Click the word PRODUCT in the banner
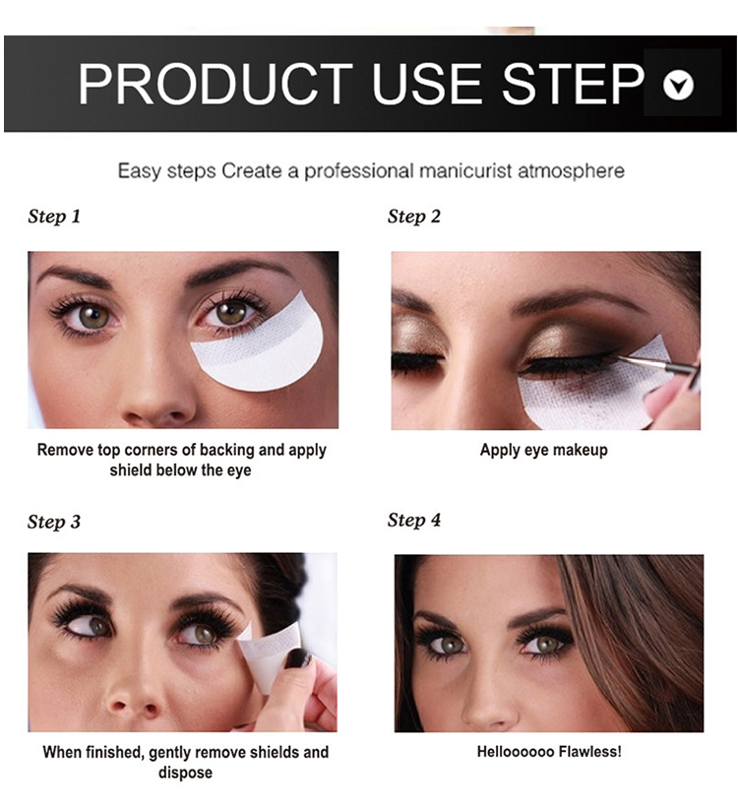(x=215, y=84)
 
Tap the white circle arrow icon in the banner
(x=678, y=85)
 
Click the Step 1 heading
(x=54, y=217)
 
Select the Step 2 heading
(x=414, y=217)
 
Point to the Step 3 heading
(x=54, y=522)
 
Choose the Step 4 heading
(x=414, y=521)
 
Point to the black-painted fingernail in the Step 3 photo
(x=297, y=658)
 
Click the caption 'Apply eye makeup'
(x=544, y=450)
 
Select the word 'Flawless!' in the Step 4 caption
(x=590, y=752)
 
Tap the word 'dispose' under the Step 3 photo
(x=185, y=773)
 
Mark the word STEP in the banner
(x=573, y=84)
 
